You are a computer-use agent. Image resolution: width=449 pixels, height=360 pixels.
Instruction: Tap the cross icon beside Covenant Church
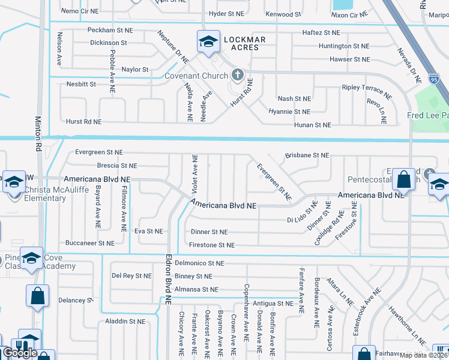point(237,76)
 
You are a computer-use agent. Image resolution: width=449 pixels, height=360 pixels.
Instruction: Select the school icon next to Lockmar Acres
point(208,42)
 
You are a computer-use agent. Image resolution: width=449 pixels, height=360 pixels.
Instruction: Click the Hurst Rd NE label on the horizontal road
point(84,121)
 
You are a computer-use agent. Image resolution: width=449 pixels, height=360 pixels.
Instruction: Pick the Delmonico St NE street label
point(200,263)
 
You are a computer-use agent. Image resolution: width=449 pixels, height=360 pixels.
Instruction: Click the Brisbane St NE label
point(307,155)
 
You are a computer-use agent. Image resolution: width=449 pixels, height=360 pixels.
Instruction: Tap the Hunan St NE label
point(312,125)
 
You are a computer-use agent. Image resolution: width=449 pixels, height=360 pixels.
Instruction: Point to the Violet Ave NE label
point(194,173)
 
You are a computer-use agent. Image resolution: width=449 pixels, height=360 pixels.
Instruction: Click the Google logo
point(20,353)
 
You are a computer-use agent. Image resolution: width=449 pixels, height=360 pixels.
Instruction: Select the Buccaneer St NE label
point(89,244)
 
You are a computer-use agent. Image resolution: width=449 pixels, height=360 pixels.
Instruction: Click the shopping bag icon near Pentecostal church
point(405,179)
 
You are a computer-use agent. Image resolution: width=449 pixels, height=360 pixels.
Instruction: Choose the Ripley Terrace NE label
point(367,89)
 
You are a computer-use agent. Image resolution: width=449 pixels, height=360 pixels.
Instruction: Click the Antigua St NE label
point(273,304)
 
